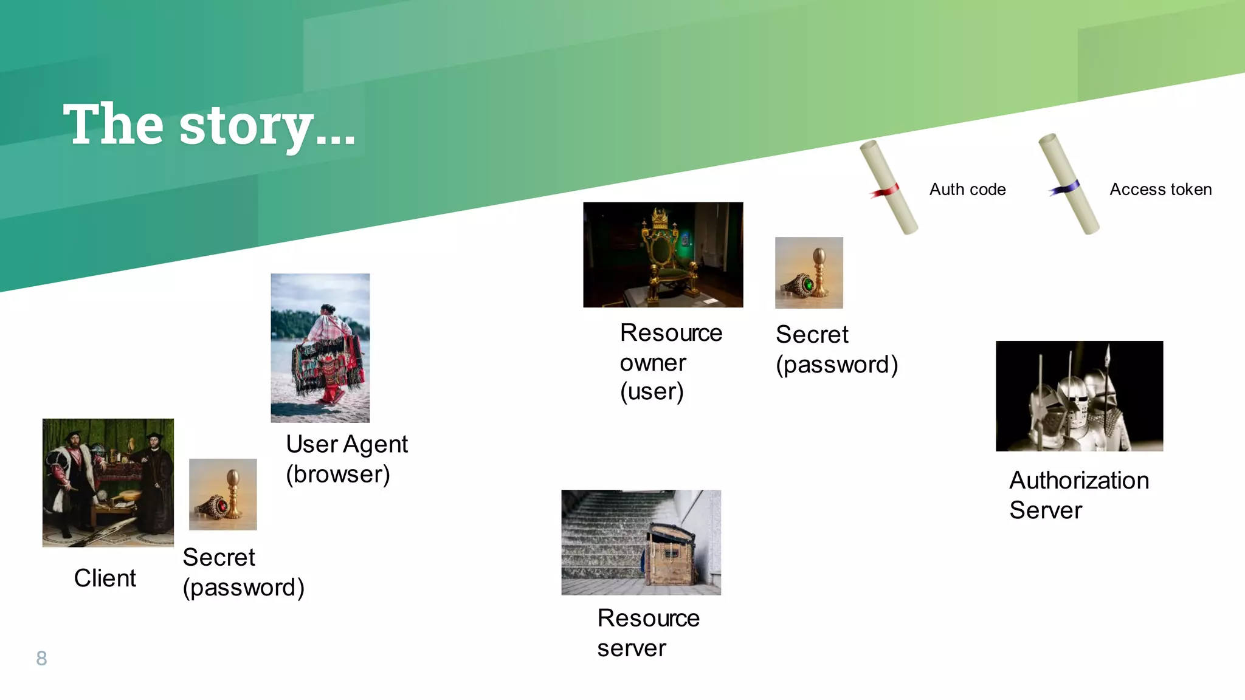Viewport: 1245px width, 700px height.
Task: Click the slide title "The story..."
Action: (209, 125)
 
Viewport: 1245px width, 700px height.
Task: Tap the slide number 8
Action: (41, 658)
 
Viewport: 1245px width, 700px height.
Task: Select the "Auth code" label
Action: (967, 190)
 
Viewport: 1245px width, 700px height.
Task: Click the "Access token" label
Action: (1161, 190)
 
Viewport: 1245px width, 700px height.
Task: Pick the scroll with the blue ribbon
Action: (1068, 184)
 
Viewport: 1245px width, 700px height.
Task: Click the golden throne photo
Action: (663, 255)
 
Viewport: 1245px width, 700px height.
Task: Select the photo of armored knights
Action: (1079, 396)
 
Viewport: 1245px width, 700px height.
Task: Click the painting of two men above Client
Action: (108, 482)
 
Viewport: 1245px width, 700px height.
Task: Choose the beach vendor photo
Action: (320, 348)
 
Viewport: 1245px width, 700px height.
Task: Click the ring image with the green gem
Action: (809, 273)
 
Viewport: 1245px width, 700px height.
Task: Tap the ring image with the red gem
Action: (222, 494)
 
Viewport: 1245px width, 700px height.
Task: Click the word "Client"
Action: (105, 578)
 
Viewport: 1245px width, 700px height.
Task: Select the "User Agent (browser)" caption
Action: (347, 459)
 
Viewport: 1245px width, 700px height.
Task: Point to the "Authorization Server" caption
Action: (1078, 495)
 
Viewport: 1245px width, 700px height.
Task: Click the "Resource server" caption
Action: (648, 633)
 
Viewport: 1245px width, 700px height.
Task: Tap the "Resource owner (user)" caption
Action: (671, 362)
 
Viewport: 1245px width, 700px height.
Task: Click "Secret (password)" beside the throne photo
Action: (836, 350)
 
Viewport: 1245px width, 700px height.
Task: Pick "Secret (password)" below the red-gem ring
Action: (243, 572)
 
